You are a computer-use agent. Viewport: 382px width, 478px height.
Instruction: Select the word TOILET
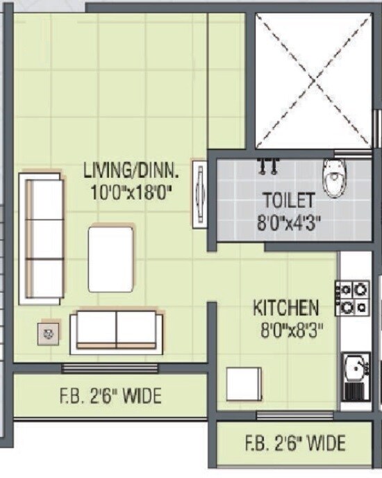click(x=289, y=200)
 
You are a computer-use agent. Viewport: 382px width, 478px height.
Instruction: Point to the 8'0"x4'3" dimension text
click(x=289, y=223)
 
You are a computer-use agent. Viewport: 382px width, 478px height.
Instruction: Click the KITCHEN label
click(x=286, y=307)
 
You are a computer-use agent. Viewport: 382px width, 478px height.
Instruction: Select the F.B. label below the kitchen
click(x=295, y=443)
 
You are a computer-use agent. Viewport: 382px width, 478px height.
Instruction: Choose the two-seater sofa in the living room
click(x=117, y=329)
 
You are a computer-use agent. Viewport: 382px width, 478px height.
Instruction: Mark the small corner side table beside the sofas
click(x=49, y=333)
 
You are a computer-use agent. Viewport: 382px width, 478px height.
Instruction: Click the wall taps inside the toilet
click(x=268, y=167)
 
